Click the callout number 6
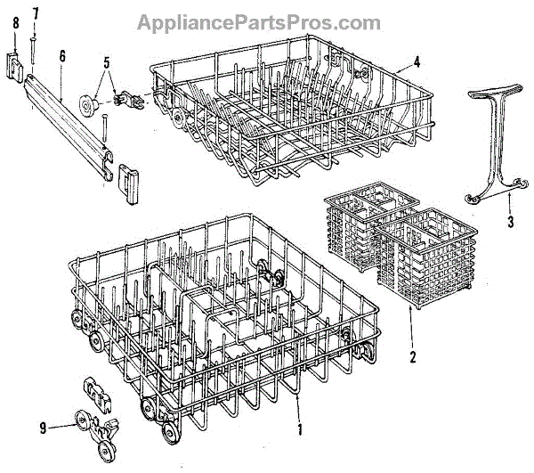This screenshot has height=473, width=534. [62, 55]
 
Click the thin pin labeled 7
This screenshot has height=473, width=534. [32, 45]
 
